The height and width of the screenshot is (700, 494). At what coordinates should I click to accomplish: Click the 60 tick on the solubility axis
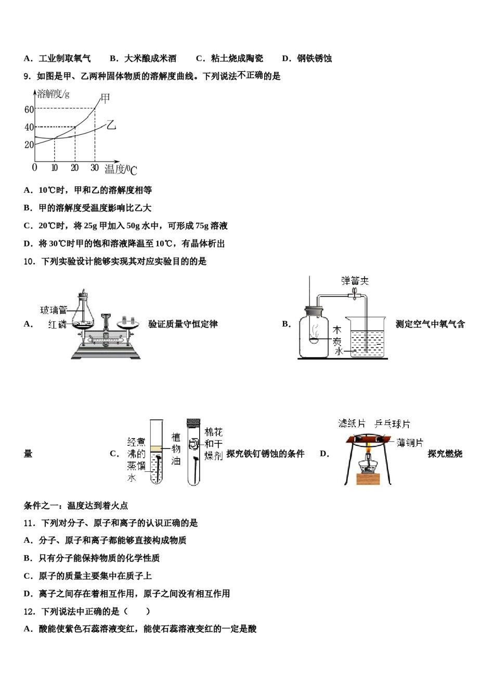point(29,109)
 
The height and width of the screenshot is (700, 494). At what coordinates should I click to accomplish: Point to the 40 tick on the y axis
point(29,127)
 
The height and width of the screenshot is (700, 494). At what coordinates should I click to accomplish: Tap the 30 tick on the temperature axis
point(94,168)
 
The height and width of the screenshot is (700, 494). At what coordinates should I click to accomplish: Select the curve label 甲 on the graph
point(105,98)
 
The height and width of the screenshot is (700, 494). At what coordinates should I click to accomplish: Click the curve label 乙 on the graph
point(111,125)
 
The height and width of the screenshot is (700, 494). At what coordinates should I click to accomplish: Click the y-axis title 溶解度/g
point(54,94)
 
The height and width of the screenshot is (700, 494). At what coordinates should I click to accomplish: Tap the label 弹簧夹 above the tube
point(355,281)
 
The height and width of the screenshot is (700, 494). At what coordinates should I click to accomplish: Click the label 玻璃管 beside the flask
point(54,310)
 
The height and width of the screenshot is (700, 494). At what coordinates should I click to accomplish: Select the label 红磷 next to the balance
point(57,324)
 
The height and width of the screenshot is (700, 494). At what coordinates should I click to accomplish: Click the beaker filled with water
point(367,339)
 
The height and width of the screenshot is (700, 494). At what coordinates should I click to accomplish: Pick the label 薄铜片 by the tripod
point(410,443)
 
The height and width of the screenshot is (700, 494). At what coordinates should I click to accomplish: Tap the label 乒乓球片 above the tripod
point(393,424)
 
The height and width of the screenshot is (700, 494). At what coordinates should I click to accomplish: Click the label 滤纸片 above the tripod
point(352,423)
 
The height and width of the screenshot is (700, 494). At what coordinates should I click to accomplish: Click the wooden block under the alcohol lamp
point(368,479)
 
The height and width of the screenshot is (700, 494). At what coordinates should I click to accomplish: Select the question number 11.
point(29,523)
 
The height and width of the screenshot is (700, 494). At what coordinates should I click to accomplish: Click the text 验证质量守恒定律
point(183,324)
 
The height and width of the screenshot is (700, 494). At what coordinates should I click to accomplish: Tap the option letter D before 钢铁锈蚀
point(285,58)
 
